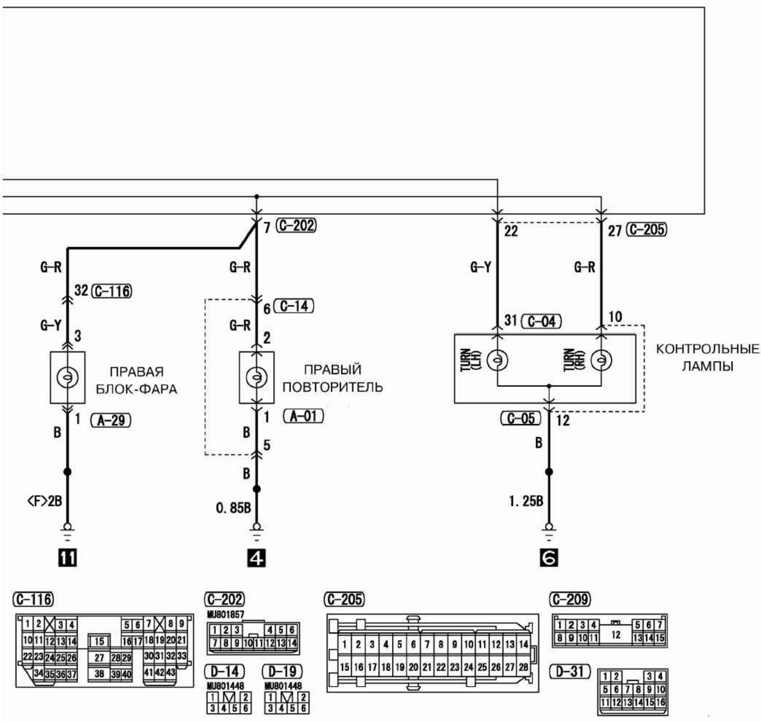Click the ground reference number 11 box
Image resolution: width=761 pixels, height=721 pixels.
67,558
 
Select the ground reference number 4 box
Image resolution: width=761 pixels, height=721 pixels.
256,558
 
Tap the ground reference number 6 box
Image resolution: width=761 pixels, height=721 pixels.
549,558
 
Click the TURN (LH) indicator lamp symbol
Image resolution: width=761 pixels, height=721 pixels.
497,360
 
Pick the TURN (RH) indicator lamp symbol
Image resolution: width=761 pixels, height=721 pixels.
601,360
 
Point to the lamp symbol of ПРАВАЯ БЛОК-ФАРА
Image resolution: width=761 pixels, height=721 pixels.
67,377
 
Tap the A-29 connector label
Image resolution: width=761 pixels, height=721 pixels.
111,420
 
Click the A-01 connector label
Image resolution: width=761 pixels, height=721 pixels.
303,416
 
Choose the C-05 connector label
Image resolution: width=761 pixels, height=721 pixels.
521,418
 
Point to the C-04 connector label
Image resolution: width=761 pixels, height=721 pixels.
541,321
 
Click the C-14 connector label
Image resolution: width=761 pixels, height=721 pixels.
294,306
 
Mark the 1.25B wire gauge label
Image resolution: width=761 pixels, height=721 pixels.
526,501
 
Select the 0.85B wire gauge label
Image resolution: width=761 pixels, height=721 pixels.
234,508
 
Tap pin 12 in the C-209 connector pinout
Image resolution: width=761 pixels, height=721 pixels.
616,634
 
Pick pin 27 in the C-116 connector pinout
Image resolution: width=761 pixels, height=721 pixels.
99,658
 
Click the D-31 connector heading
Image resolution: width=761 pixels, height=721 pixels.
570,672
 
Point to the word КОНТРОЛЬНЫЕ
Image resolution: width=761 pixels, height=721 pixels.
707,349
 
